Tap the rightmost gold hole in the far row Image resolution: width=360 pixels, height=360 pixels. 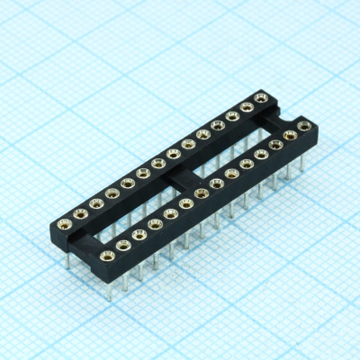(x=261, y=96)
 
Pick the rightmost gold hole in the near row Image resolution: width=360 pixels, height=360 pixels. (x=304, y=126)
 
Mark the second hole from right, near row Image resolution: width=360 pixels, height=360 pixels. (x=290, y=136)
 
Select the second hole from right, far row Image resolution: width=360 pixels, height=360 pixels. (x=246, y=106)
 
